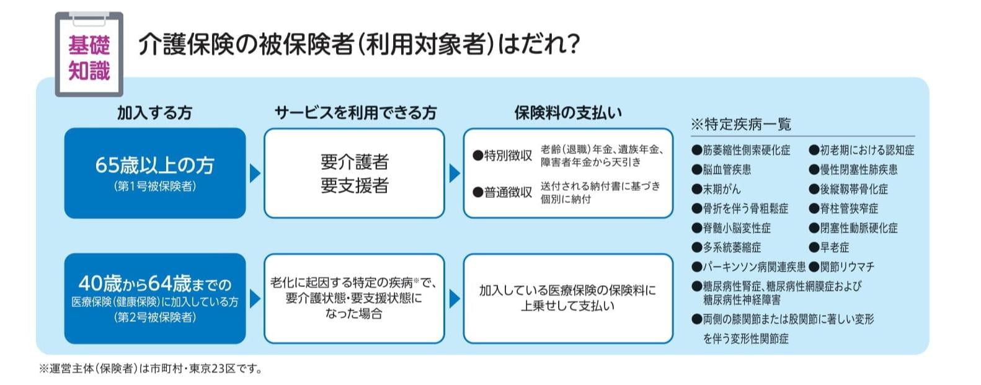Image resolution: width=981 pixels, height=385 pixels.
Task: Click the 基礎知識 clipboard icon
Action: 89,55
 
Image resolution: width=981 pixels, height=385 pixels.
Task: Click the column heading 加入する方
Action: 154,113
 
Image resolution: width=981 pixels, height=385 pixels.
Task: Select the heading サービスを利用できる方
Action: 355,113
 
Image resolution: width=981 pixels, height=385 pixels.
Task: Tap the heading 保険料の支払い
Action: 568,113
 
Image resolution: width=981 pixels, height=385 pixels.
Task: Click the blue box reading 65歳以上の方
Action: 155,173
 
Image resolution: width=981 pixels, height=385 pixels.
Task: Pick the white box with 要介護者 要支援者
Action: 354,173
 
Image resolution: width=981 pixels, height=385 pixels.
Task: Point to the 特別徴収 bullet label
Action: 503,156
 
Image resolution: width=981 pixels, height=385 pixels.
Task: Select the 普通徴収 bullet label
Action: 503,192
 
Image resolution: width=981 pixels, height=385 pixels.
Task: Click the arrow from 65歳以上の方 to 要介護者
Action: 255,174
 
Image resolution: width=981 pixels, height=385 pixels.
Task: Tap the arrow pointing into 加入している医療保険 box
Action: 455,299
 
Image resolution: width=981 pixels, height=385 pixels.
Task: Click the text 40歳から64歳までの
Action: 155,284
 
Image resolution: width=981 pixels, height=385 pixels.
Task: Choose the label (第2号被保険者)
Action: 155,317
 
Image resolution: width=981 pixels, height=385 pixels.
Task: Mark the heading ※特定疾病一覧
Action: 741,125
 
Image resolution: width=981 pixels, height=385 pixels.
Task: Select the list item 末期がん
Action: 716,189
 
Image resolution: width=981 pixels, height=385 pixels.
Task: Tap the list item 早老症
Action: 829,247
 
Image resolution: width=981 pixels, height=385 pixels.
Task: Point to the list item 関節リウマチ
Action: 841,267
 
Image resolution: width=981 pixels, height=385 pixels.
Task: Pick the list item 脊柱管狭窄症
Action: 844,208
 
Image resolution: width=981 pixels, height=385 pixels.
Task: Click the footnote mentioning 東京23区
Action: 151,369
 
